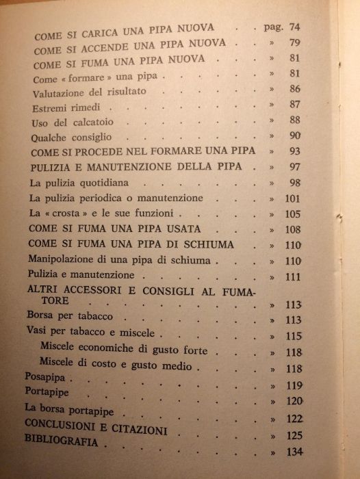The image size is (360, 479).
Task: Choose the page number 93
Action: [296, 151]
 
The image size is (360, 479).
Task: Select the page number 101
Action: [294, 199]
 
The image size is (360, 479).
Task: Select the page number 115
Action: [295, 336]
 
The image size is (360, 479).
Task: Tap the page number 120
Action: [295, 401]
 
